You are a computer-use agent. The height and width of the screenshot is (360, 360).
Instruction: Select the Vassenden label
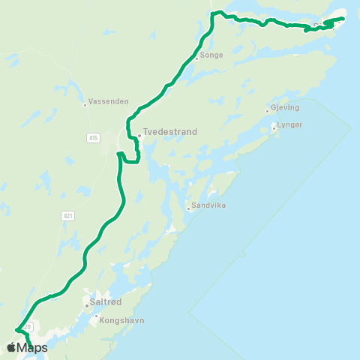109,100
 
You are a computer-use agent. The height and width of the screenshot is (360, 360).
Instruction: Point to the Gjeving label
284,107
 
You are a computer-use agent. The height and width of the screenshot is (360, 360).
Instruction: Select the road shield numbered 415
93,138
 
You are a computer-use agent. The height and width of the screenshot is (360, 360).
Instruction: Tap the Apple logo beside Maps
12,347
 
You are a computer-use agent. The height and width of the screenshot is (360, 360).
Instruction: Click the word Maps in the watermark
33,347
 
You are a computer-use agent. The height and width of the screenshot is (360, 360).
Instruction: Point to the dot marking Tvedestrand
139,136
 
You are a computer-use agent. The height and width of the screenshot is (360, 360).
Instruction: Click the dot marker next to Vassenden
85,106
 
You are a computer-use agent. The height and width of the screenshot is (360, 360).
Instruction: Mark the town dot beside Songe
196,58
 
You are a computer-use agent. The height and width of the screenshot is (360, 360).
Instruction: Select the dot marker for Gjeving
267,112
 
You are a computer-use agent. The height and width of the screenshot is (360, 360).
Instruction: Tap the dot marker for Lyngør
274,128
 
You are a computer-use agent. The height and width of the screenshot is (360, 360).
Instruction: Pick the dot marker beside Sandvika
188,208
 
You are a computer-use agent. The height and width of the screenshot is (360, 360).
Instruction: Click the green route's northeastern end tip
343,18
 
